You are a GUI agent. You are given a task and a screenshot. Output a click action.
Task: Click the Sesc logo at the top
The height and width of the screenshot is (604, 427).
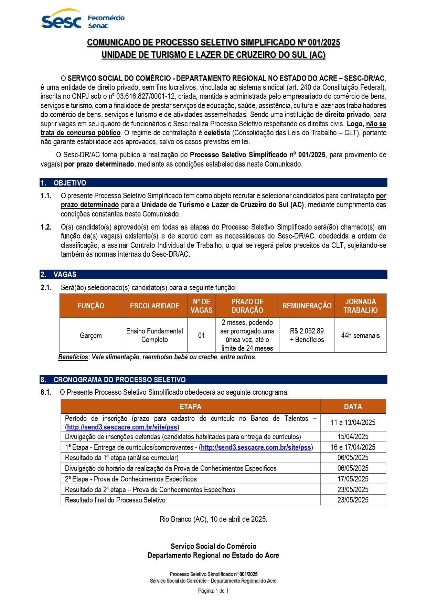click(x=61, y=20)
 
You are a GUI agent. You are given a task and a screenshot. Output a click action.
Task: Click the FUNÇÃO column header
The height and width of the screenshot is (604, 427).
click(x=91, y=306)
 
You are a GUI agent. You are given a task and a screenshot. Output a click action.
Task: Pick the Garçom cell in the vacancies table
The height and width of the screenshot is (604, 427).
click(x=91, y=335)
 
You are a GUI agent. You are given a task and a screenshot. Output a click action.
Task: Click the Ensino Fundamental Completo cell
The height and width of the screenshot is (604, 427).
click(x=154, y=335)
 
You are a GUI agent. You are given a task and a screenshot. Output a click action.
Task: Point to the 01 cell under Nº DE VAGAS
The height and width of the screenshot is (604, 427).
click(x=201, y=335)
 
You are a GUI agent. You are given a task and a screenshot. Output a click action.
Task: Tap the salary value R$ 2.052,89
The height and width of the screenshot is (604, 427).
click(x=307, y=331)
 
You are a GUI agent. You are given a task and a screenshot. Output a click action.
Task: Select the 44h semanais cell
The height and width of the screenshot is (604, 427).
click(x=360, y=335)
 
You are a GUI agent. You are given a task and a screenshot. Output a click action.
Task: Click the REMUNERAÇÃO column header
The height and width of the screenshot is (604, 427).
click(x=307, y=306)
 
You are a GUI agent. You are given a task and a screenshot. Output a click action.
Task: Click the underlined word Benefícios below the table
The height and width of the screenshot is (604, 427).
click(x=73, y=357)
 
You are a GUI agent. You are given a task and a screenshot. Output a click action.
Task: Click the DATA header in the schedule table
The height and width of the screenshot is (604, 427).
click(x=353, y=406)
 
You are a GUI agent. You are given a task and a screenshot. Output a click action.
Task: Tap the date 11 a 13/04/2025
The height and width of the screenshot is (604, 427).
click(x=353, y=422)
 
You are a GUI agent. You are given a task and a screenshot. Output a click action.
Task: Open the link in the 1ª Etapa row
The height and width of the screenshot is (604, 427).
click(x=256, y=447)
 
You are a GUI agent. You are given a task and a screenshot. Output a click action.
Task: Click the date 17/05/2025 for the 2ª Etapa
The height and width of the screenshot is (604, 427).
click(x=353, y=479)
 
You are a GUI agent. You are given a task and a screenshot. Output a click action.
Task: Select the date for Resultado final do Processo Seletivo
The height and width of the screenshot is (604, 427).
click(x=353, y=500)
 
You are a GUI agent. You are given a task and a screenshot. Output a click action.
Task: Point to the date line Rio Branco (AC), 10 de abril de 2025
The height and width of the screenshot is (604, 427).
click(x=213, y=519)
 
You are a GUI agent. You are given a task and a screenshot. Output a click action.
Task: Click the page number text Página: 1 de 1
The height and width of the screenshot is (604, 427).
click(x=213, y=591)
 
